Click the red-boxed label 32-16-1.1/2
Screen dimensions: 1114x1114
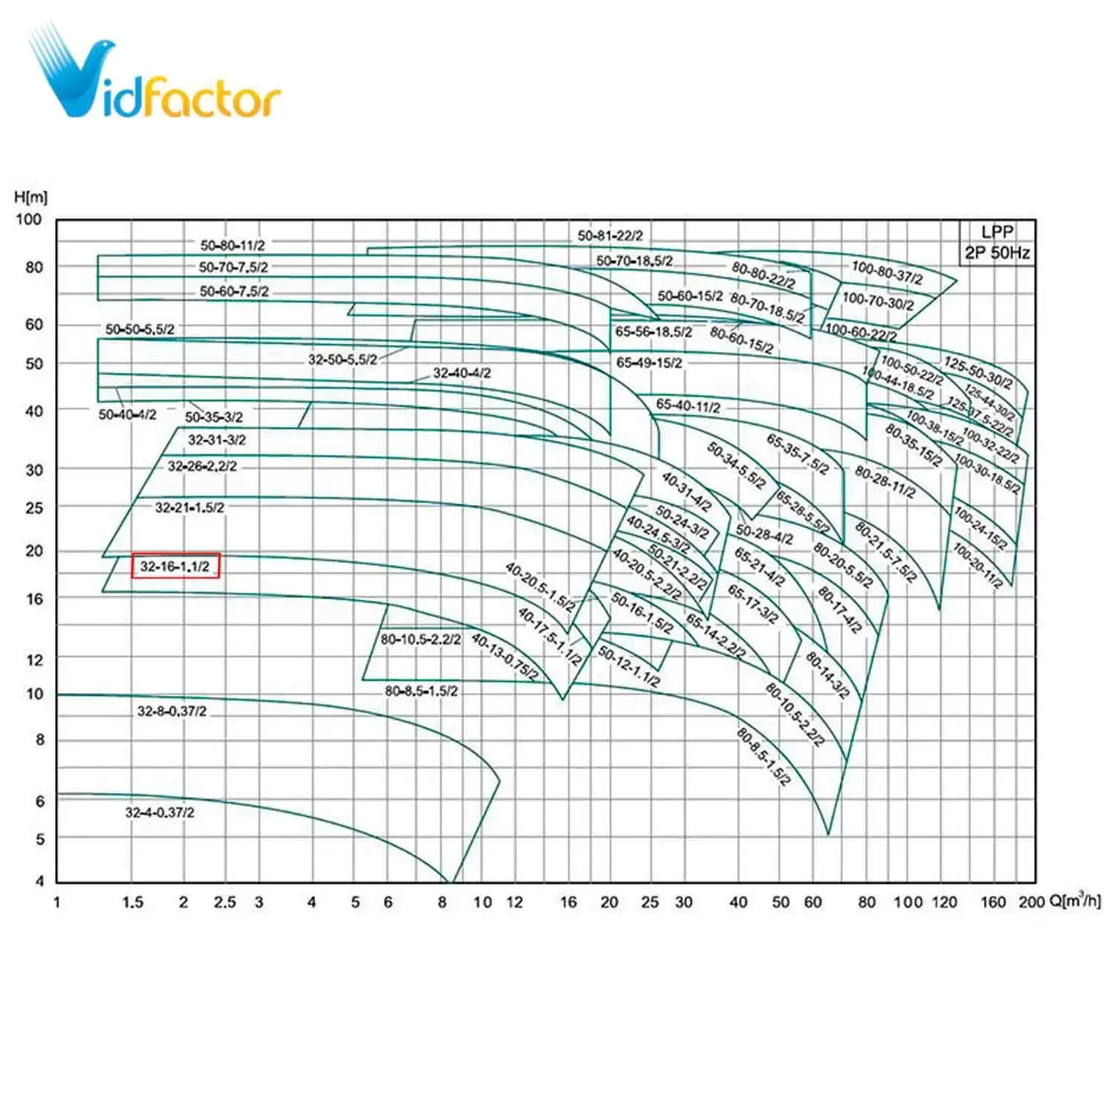176,566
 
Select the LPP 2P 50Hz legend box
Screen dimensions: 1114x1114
997,242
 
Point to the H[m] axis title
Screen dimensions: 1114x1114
30,197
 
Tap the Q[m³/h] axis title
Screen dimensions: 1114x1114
1075,901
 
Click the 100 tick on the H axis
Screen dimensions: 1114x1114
29,219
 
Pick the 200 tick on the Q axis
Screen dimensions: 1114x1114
1031,902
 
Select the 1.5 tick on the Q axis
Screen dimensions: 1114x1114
132,902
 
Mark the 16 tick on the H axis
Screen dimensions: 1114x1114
34,599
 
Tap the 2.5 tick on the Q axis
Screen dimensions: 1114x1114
224,902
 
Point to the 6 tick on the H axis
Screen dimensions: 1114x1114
39,801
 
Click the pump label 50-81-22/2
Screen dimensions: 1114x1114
610,236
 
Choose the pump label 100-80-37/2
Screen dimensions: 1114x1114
887,273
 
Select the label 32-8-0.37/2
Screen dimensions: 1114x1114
172,711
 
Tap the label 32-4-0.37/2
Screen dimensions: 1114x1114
160,812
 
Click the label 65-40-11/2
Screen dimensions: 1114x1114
688,405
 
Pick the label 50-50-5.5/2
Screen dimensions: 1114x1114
140,329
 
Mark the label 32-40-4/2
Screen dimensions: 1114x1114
462,373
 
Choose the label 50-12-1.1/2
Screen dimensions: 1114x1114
628,666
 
